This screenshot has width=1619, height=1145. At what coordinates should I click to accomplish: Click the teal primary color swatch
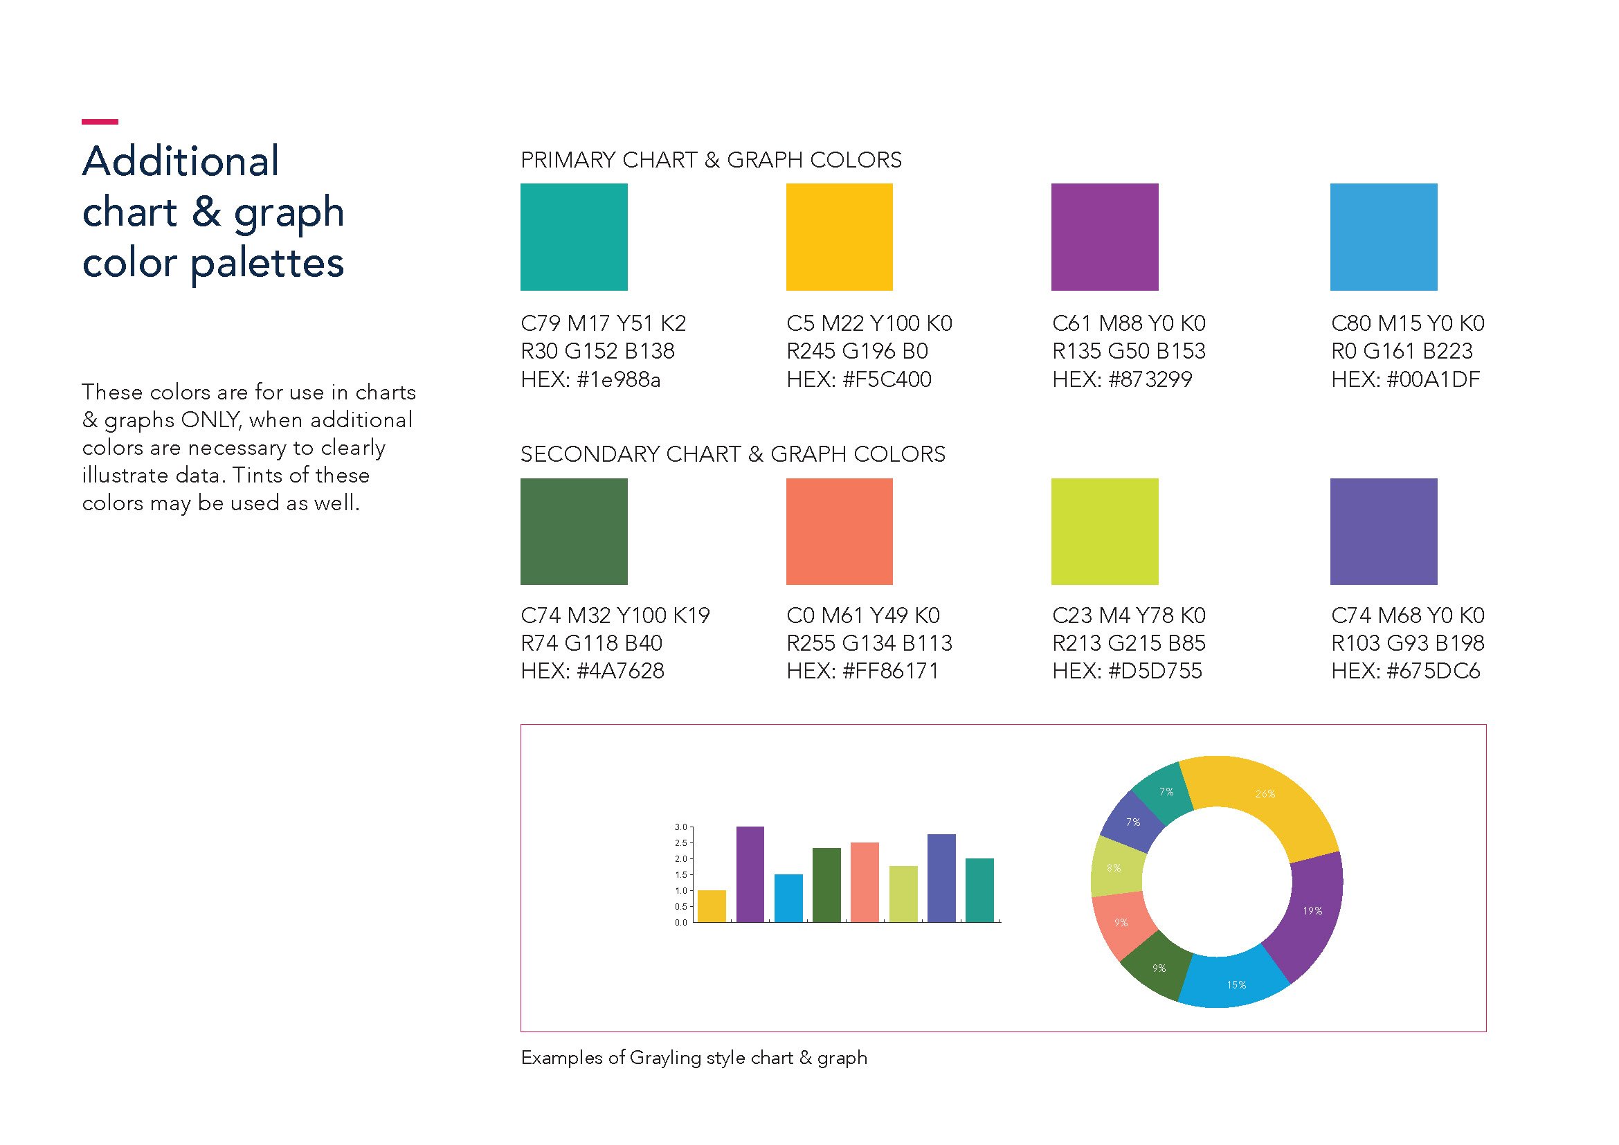click(x=574, y=237)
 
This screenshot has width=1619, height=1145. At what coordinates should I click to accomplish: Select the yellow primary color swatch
click(x=839, y=237)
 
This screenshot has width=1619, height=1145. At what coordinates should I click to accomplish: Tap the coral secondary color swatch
click(x=839, y=532)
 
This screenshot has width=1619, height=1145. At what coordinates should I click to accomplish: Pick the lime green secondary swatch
click(x=1104, y=532)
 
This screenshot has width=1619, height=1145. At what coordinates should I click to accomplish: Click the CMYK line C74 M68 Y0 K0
click(x=1407, y=615)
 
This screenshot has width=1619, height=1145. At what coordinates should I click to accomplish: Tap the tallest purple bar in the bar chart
click(x=750, y=874)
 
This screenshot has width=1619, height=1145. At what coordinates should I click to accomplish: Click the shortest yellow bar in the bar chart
click(x=712, y=906)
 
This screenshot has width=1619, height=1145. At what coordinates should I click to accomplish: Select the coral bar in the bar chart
click(x=865, y=882)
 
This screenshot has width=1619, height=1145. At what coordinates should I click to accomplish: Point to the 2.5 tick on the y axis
click(x=680, y=843)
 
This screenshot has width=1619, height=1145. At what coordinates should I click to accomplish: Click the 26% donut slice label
click(x=1265, y=794)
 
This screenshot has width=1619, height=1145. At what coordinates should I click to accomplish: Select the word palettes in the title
click(x=267, y=263)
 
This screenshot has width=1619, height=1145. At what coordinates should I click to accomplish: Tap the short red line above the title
click(x=100, y=122)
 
